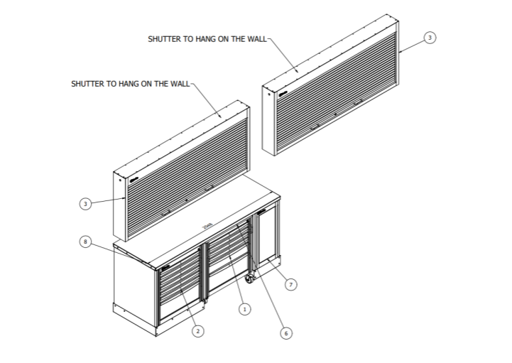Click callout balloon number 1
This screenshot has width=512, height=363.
(x=244, y=309)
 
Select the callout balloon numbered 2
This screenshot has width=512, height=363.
(x=198, y=330)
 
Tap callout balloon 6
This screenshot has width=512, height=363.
(x=286, y=332)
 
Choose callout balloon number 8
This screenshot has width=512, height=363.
(x=85, y=242)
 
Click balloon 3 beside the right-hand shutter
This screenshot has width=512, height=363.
(x=429, y=37)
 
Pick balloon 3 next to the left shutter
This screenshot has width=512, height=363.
(x=85, y=204)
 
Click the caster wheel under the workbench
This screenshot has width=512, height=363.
(x=251, y=279)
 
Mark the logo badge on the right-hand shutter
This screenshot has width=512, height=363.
(x=283, y=93)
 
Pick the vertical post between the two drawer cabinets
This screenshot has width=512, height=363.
(x=204, y=273)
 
